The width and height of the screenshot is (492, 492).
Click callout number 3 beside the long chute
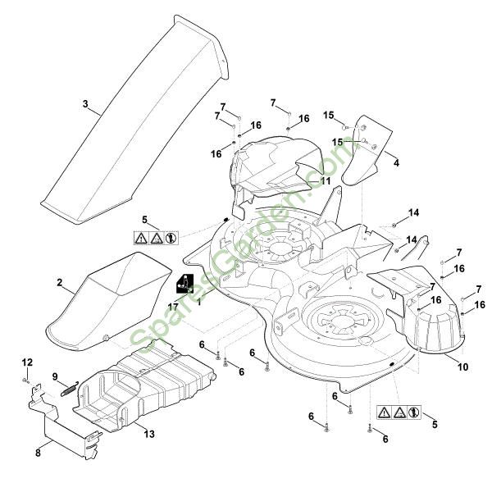[85, 103]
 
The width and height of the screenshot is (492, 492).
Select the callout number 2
[60, 282]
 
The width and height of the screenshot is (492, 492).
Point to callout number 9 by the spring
[56, 376]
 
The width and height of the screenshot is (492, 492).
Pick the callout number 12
[26, 362]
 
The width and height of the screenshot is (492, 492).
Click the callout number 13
[149, 432]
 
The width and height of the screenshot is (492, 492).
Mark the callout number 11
[326, 180]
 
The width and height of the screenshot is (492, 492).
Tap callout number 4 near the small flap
[397, 162]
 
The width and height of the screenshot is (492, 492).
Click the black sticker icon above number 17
[184, 283]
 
